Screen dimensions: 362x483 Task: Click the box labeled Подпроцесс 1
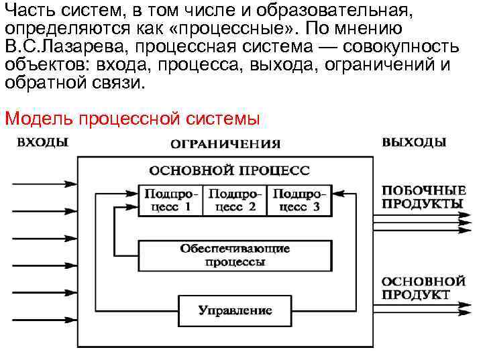click(169, 200)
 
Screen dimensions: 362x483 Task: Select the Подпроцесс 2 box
click(233, 200)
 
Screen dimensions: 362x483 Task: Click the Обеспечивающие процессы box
click(235, 255)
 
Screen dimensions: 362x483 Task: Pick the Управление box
click(235, 310)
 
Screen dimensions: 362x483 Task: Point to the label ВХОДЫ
click(42, 142)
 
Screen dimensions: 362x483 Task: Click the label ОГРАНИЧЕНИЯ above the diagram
click(225, 143)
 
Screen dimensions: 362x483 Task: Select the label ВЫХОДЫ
click(414, 142)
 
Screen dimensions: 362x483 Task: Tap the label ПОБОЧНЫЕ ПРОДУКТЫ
click(423, 196)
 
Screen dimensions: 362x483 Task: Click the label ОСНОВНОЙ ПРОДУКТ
click(423, 288)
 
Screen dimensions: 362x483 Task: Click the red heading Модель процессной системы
click(131, 119)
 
